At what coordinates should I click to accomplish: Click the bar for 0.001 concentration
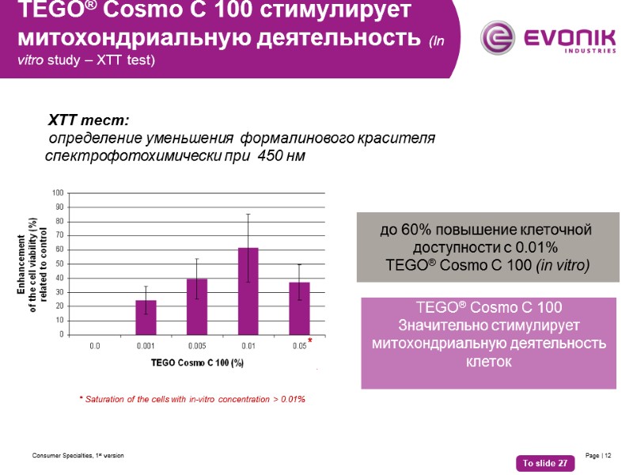[x=146, y=317]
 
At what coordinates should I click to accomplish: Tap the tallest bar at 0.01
[x=248, y=291]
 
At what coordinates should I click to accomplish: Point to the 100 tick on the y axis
[x=58, y=193]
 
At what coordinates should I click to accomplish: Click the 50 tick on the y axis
[x=59, y=264]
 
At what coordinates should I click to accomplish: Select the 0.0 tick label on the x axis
[x=95, y=346]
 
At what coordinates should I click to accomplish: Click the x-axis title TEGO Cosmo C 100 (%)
[x=197, y=363]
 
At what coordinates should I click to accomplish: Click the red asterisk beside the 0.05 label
[x=311, y=341]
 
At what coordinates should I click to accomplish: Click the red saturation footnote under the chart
[x=192, y=399]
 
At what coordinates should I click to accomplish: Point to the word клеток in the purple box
[x=489, y=362]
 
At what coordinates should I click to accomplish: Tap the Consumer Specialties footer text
[x=78, y=456]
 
